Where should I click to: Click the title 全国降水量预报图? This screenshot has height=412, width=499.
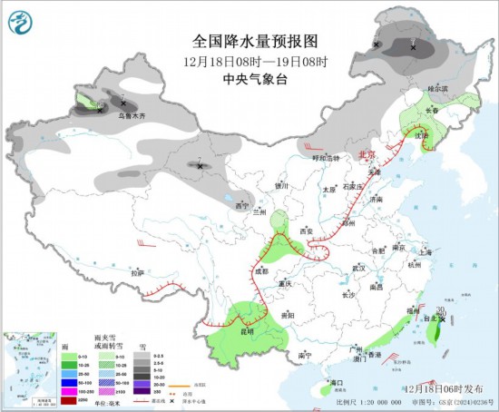click(x=249, y=42)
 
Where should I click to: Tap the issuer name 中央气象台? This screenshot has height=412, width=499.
click(x=249, y=79)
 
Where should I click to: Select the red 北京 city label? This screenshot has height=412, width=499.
click(x=367, y=155)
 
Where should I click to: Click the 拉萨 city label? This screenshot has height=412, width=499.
click(x=136, y=272)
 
